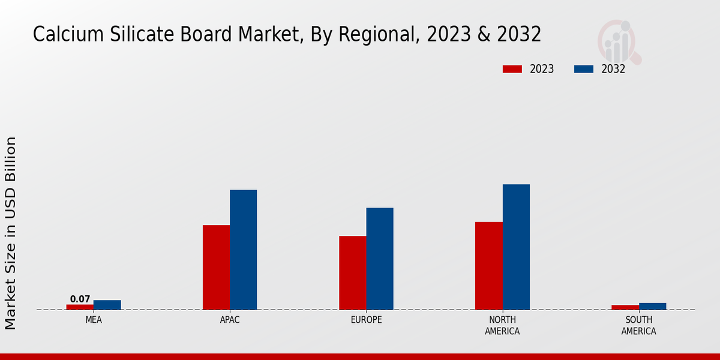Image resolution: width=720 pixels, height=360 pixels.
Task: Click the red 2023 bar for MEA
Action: [x=80, y=307]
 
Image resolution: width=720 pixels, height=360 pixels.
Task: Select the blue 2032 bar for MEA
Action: [x=107, y=305]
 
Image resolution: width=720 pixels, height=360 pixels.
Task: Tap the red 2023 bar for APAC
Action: [x=216, y=268]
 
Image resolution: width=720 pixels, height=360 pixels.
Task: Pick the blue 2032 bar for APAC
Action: [x=244, y=250]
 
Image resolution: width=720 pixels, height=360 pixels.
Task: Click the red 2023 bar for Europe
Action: [x=353, y=273]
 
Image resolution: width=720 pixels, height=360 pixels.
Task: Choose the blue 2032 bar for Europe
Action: [x=380, y=259]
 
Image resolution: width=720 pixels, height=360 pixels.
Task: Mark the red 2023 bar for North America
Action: [x=489, y=266]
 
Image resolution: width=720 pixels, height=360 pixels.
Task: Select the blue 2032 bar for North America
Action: [x=516, y=247]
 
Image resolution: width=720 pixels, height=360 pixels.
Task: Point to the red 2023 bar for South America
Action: [x=625, y=307]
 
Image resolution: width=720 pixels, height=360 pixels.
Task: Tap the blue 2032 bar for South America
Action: [x=653, y=306]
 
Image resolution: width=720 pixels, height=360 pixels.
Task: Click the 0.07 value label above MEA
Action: [x=80, y=299]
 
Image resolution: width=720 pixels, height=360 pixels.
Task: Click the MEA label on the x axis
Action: [x=94, y=320]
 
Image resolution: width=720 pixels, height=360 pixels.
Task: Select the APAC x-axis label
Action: [x=230, y=320]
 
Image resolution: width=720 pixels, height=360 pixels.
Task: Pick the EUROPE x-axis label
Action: [x=366, y=320]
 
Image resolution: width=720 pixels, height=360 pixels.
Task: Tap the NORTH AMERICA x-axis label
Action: [x=503, y=325]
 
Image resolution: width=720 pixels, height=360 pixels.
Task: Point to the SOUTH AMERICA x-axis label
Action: [x=639, y=325]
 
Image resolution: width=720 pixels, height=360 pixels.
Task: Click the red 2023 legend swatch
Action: [x=512, y=69]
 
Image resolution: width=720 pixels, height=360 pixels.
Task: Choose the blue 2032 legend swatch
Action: [x=584, y=69]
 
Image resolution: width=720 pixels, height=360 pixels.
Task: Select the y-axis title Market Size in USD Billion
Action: [x=11, y=233]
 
